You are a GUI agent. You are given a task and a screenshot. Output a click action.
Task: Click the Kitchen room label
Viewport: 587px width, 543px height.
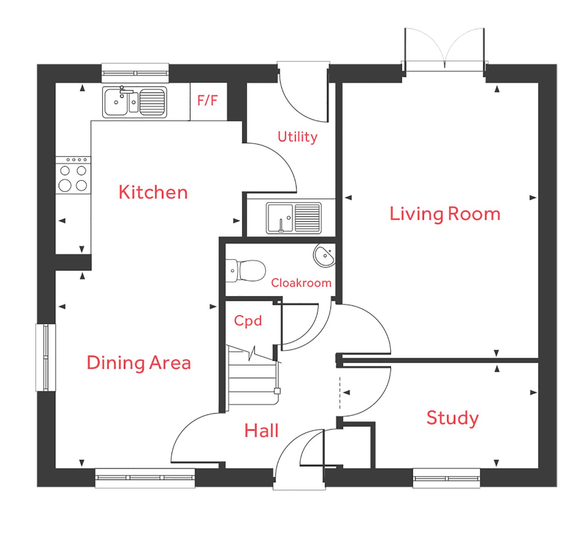point(153,192)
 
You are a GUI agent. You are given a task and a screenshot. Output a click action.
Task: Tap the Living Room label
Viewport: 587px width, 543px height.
point(445,214)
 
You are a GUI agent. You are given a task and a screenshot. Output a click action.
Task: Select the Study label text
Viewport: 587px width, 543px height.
point(452,418)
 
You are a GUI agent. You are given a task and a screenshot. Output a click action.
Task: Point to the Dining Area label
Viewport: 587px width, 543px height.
point(139,363)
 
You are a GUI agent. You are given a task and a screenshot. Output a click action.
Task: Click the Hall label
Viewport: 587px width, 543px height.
point(262,430)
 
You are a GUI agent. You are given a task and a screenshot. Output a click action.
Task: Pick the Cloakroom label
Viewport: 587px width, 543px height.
point(301,283)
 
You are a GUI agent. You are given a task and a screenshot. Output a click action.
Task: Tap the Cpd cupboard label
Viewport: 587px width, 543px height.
point(248,321)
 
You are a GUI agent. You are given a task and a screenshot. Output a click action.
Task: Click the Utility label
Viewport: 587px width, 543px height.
point(297,137)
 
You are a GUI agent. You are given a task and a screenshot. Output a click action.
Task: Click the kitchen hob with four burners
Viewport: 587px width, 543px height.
point(73,175)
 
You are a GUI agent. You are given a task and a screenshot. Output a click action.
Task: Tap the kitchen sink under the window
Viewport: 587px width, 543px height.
point(134,102)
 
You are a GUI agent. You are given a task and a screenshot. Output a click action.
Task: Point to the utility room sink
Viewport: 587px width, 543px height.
point(293,218)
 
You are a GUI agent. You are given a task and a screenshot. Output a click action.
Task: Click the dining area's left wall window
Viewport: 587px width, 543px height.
point(46,357)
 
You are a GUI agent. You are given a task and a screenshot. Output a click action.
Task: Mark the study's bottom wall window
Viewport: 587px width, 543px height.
point(446,478)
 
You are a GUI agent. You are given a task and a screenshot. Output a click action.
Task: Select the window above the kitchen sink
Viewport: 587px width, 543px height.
point(135,73)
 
